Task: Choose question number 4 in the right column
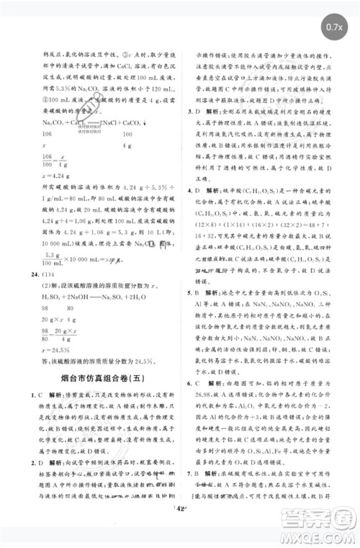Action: point(189,190)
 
